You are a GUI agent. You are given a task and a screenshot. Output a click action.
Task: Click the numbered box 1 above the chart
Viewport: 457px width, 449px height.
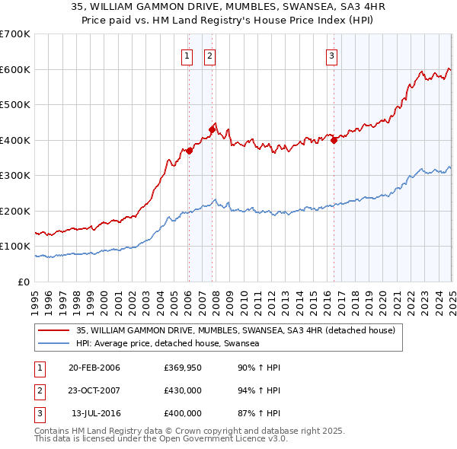coord(187,55)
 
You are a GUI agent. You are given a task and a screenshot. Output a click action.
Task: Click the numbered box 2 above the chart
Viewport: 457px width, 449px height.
coord(209,55)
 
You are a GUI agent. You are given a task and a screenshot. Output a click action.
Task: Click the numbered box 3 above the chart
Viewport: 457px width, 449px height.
coord(332,55)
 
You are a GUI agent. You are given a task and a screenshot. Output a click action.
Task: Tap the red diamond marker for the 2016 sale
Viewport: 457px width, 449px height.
coord(334,140)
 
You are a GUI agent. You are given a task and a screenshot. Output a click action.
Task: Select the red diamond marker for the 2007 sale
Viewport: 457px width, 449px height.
coord(212,129)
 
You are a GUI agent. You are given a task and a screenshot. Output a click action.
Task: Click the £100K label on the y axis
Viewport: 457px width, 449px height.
coord(16,247)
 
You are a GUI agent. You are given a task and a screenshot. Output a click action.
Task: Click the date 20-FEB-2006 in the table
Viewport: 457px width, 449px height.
coord(94,368)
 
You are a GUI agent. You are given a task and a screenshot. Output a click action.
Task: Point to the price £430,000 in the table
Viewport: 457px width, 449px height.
coord(183,391)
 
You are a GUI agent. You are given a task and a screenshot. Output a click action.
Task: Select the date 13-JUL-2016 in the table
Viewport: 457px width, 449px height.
coord(94,414)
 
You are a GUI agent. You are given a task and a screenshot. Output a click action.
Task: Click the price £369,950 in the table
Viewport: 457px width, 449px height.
coord(183,368)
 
